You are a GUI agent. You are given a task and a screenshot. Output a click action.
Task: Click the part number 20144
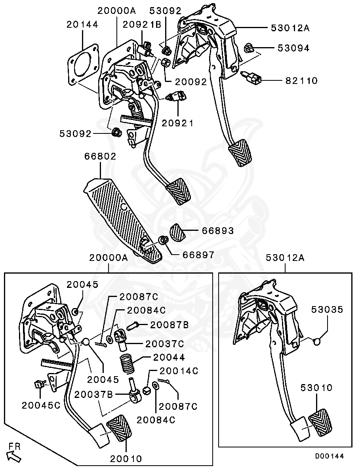click(82, 25)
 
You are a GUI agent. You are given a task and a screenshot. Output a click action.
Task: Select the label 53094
click(293, 48)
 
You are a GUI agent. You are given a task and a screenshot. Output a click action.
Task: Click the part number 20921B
click(141, 25)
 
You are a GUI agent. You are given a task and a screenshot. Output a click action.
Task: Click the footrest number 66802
click(100, 156)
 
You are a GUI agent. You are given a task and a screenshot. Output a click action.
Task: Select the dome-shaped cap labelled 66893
click(178, 232)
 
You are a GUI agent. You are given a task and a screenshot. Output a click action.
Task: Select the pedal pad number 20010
click(126, 459)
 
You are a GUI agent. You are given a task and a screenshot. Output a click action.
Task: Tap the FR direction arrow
click(14, 456)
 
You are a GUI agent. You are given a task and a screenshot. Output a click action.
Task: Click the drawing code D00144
click(329, 456)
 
